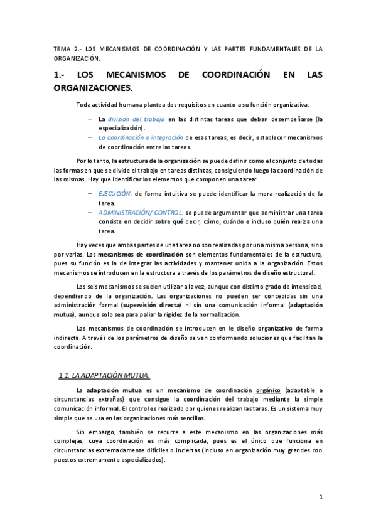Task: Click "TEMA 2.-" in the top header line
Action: click(x=65, y=49)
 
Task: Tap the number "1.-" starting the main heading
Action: click(x=63, y=75)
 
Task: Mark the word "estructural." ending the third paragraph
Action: click(x=296, y=273)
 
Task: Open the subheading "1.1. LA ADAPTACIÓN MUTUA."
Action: click(x=103, y=376)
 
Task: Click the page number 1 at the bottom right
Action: click(x=321, y=497)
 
